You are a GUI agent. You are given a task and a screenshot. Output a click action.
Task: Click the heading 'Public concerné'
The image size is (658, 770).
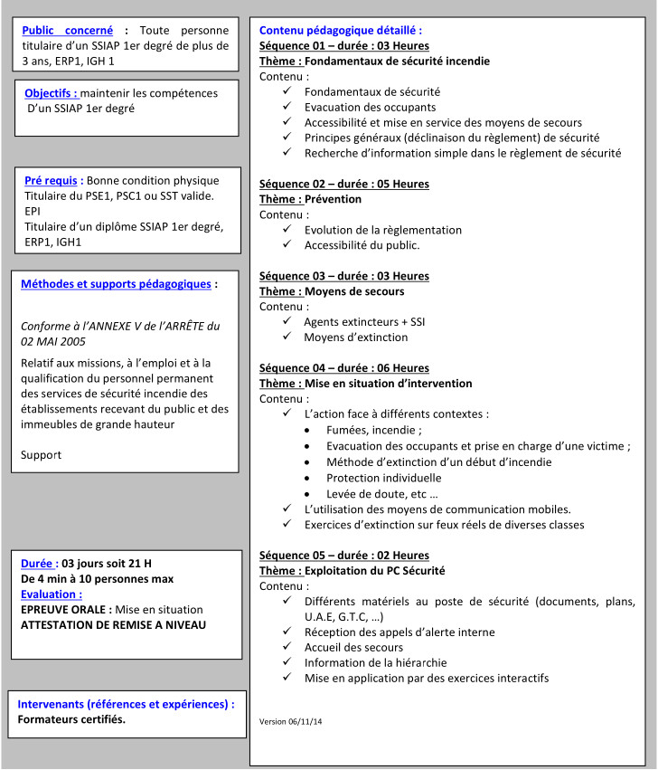coord(69,30)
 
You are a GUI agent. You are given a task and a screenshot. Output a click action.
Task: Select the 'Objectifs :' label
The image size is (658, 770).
coord(51,93)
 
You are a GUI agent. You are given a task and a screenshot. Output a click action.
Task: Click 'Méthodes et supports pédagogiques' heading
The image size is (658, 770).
coord(117,283)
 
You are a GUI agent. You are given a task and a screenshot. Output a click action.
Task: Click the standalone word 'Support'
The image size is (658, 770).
coord(42,454)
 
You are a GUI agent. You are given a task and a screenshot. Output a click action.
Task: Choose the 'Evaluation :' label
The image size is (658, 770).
coord(52,594)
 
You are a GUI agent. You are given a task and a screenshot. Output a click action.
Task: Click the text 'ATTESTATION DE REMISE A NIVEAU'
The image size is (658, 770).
coord(113,624)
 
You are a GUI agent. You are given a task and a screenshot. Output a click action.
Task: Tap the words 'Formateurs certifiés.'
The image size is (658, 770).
coord(72,719)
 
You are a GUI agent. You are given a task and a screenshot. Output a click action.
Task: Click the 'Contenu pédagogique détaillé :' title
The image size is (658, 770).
coord(341,30)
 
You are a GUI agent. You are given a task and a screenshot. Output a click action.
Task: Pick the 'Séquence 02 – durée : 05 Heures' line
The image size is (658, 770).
coord(344,184)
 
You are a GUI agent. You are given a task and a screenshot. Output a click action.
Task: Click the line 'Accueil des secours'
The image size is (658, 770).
coord(353,646)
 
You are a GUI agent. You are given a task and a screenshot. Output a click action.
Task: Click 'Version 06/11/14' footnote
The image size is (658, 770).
coord(291,721)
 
